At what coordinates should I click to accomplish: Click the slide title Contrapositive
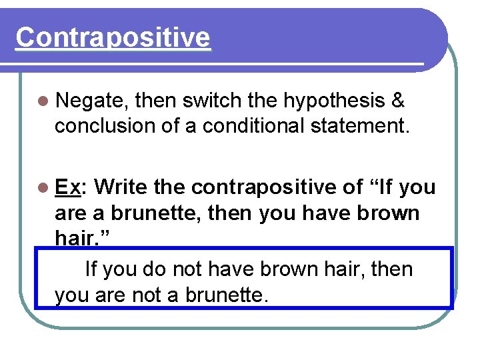tap(113, 37)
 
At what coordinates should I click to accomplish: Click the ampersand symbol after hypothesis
tap(398, 101)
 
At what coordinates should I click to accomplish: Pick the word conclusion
tap(105, 125)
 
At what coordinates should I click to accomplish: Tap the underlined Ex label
tap(68, 188)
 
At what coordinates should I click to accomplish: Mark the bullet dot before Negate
tap(44, 102)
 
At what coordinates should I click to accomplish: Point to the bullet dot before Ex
tap(44, 189)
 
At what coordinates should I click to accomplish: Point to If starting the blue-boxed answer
tap(91, 269)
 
